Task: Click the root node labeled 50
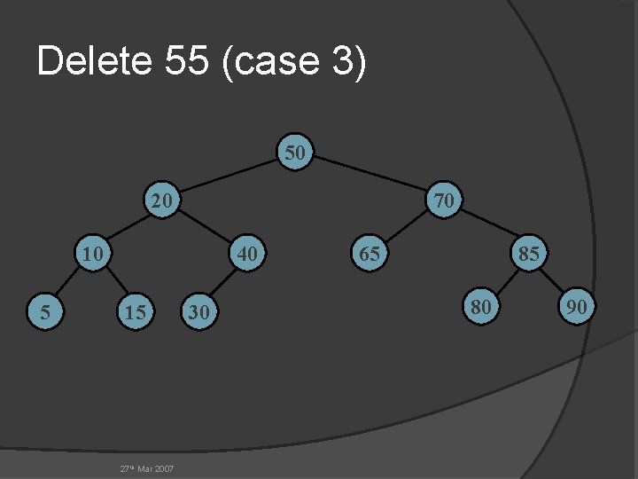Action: tap(296, 153)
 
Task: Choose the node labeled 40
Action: tap(247, 254)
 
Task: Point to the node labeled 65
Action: tap(369, 254)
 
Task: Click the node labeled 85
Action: tap(529, 254)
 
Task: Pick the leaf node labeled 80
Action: tap(481, 307)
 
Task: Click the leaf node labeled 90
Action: tap(577, 307)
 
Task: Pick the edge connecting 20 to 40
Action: tap(206, 227)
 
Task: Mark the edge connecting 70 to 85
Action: tap(487, 227)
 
